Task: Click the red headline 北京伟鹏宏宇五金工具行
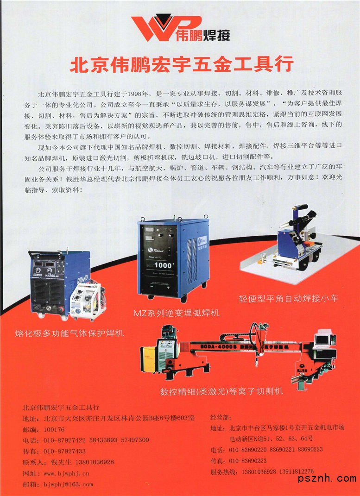click(x=182, y=64)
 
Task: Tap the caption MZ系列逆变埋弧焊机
click(x=176, y=313)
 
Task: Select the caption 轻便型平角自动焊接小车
click(x=289, y=298)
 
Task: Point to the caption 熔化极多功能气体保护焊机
click(x=69, y=333)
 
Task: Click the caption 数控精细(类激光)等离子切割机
click(x=221, y=391)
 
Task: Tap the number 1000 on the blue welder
click(x=163, y=265)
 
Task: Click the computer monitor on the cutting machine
click(x=322, y=340)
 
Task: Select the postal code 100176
click(x=54, y=430)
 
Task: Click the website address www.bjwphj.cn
click(x=66, y=474)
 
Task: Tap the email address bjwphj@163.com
click(x=68, y=484)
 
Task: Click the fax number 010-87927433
click(x=64, y=451)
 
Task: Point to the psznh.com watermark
click(x=327, y=478)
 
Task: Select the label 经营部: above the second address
click(x=221, y=417)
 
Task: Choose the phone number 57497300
click(x=135, y=440)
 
